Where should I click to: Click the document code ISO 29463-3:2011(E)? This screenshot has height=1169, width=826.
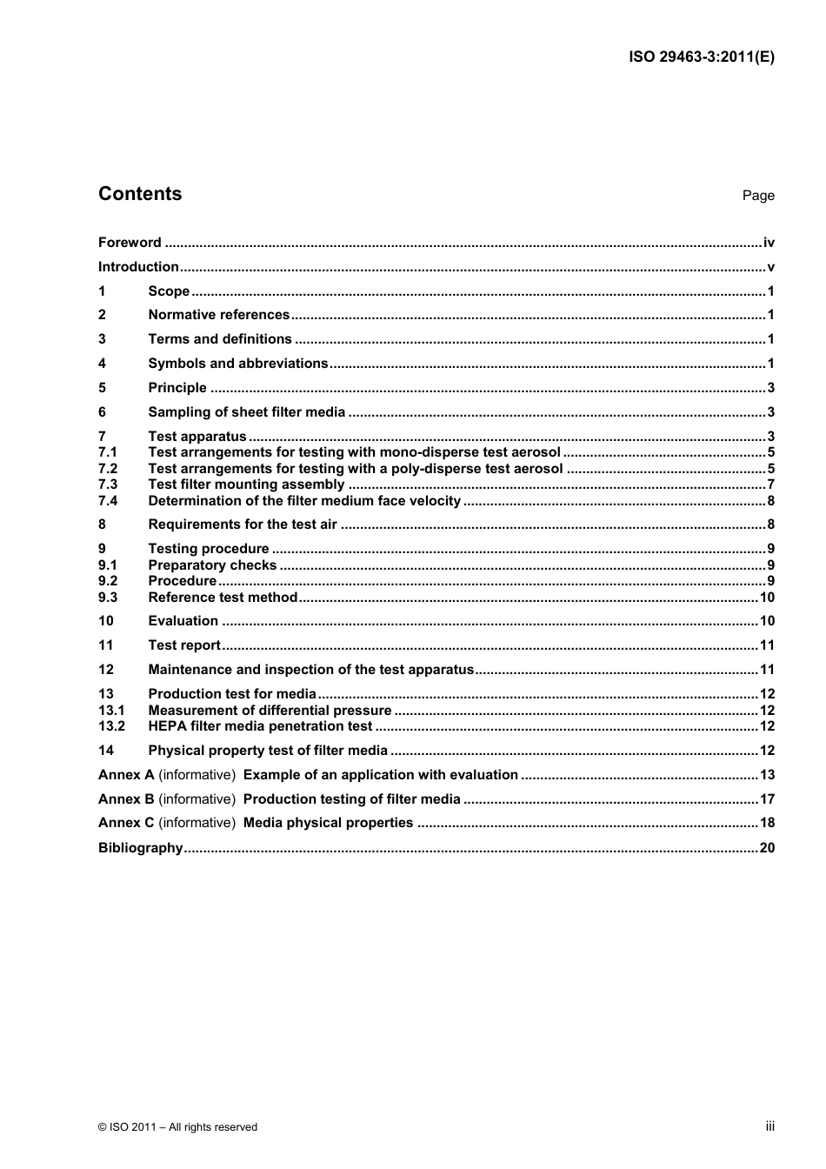tap(701, 57)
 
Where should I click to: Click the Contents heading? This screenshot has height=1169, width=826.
tap(140, 194)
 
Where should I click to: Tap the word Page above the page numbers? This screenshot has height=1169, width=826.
tap(757, 196)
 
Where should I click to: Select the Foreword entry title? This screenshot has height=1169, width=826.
tap(130, 243)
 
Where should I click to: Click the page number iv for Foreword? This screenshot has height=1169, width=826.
tap(768, 243)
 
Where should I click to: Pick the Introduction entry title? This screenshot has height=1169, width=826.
tap(138, 267)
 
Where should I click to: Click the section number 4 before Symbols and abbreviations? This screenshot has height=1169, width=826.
tap(102, 364)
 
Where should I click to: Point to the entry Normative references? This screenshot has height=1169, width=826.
tap(218, 315)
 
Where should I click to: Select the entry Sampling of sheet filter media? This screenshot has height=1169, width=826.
tap(246, 412)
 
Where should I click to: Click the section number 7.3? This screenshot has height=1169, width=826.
tap(108, 484)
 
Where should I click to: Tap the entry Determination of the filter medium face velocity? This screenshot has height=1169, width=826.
tap(304, 501)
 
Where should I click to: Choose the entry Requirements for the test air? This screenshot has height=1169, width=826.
tap(243, 524)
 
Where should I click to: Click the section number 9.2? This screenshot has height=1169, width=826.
tap(108, 581)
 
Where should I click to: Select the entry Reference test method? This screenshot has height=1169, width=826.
tap(223, 598)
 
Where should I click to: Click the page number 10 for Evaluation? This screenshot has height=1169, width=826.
tap(767, 621)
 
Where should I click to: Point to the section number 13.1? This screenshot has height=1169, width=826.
tap(111, 711)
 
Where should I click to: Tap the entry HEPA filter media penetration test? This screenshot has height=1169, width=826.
tap(260, 726)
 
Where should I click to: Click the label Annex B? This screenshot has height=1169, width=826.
tap(126, 799)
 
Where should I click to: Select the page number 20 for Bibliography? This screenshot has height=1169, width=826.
tap(767, 848)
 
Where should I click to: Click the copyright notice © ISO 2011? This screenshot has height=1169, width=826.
tap(177, 1127)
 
